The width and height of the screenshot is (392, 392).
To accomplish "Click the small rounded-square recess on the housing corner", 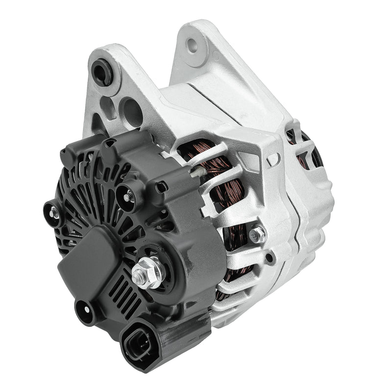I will [273, 158].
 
